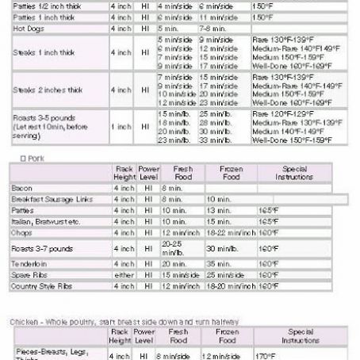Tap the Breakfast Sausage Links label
46,199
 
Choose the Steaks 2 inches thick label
47,90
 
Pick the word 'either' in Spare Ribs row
121,274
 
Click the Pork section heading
32,157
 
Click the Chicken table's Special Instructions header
301,336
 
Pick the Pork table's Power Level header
148,173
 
